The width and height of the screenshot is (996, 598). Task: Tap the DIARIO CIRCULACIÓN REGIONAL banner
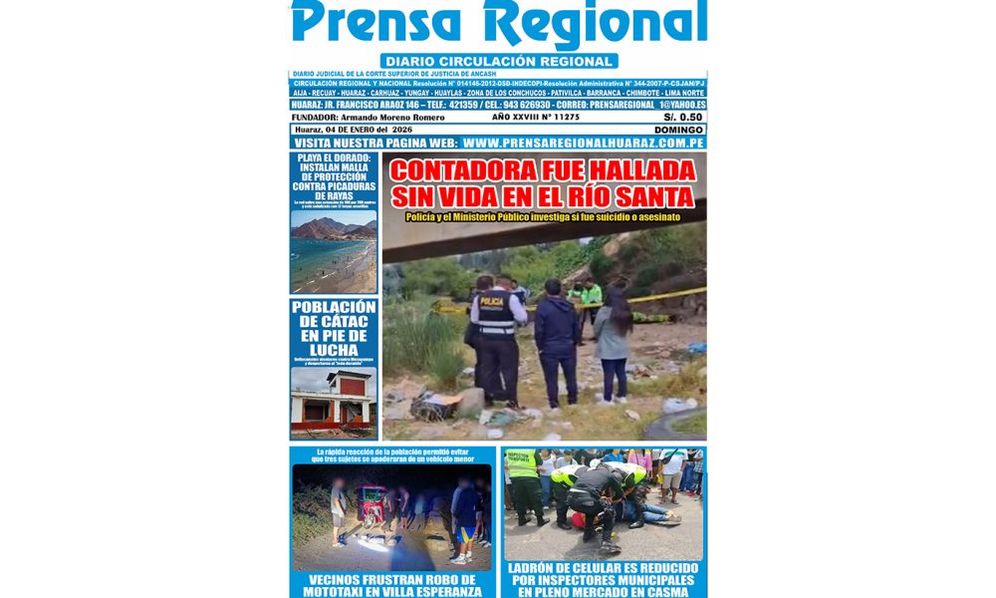[498, 61]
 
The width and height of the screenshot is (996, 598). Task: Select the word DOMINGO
[678, 130]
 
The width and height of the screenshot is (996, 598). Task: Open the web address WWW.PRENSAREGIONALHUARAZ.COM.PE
[578, 143]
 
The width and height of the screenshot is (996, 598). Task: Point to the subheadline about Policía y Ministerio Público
[543, 216]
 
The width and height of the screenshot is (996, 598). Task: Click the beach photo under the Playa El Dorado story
[334, 252]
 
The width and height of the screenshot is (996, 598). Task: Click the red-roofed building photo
[334, 402]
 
